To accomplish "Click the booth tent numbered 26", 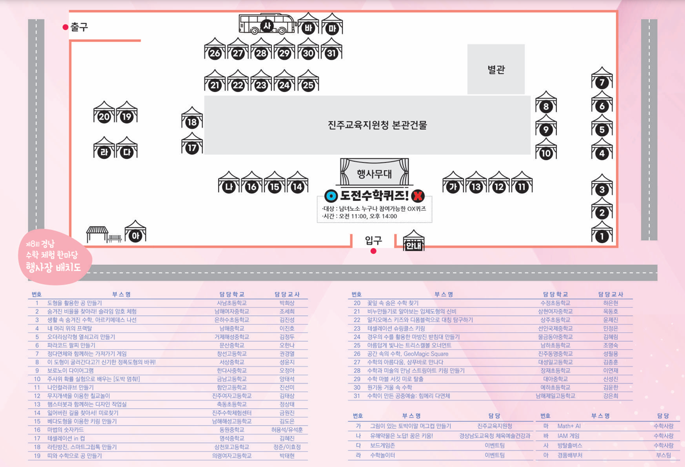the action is (x=215, y=49).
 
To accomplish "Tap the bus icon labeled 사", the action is (x=267, y=24).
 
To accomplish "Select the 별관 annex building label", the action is (x=496, y=70).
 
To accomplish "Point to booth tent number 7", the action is (x=602, y=78).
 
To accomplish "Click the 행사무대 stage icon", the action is (x=374, y=172).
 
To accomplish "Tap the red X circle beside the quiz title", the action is (x=418, y=196).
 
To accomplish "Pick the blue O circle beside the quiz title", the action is (x=331, y=196).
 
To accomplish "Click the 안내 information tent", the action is (x=414, y=241).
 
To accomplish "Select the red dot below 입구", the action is (x=373, y=251).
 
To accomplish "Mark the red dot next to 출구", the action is (x=65, y=27).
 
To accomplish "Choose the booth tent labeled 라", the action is (x=104, y=147).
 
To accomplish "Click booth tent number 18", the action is (x=192, y=118).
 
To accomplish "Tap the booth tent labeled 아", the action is (x=135, y=231).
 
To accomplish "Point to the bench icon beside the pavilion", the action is (x=115, y=238).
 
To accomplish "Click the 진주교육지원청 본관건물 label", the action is (x=377, y=125).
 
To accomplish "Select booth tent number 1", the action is (x=602, y=232).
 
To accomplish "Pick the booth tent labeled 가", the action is (x=453, y=182).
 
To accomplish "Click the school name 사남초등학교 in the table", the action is (x=232, y=303).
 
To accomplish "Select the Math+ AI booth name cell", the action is (x=569, y=426).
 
